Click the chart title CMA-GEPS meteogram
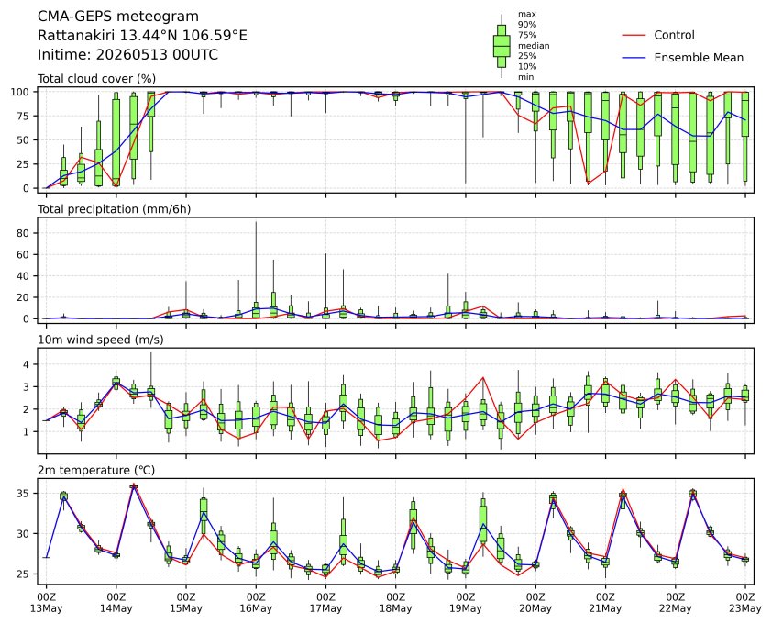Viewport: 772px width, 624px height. [118, 17]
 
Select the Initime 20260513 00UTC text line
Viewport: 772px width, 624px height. [128, 54]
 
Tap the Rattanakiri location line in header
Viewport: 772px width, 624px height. [142, 36]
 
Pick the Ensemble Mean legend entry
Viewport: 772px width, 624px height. [683, 58]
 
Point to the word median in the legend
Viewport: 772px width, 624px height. [534, 45]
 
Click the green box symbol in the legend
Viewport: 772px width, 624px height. [502, 46]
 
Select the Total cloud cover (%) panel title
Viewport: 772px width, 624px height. [96, 79]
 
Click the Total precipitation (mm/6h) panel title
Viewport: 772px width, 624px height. [115, 209]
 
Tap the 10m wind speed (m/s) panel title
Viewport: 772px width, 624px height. [101, 340]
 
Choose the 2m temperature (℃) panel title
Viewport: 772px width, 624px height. [96, 470]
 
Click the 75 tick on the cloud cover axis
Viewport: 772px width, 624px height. [24, 116]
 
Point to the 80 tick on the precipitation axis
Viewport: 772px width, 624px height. [24, 233]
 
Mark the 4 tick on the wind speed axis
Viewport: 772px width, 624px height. [28, 364]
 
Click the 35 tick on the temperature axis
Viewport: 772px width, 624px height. [24, 494]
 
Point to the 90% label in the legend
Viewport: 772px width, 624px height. [527, 24]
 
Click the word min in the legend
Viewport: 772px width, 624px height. [525, 77]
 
